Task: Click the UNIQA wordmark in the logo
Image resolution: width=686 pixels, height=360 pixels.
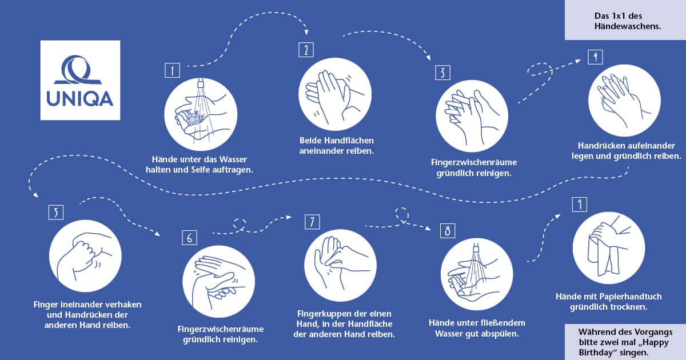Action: click(80, 99)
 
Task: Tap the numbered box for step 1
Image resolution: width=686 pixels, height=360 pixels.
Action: click(173, 70)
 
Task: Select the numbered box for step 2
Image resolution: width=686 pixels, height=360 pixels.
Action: click(306, 50)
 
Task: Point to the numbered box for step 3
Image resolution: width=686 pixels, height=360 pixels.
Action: click(443, 73)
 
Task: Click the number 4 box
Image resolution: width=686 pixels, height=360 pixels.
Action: click(595, 57)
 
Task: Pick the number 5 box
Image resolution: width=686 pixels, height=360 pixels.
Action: click(56, 212)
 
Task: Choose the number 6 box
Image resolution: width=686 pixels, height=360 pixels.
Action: click(190, 238)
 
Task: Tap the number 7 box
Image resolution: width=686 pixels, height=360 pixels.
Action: click(312, 222)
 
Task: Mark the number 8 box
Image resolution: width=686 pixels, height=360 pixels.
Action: click(448, 230)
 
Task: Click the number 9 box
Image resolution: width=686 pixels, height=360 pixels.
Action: click(580, 205)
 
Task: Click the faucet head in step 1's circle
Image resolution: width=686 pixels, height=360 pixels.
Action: click(201, 83)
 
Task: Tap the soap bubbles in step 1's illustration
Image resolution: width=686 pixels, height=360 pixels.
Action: click(194, 119)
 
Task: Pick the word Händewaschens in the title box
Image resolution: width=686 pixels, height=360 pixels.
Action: click(628, 26)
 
